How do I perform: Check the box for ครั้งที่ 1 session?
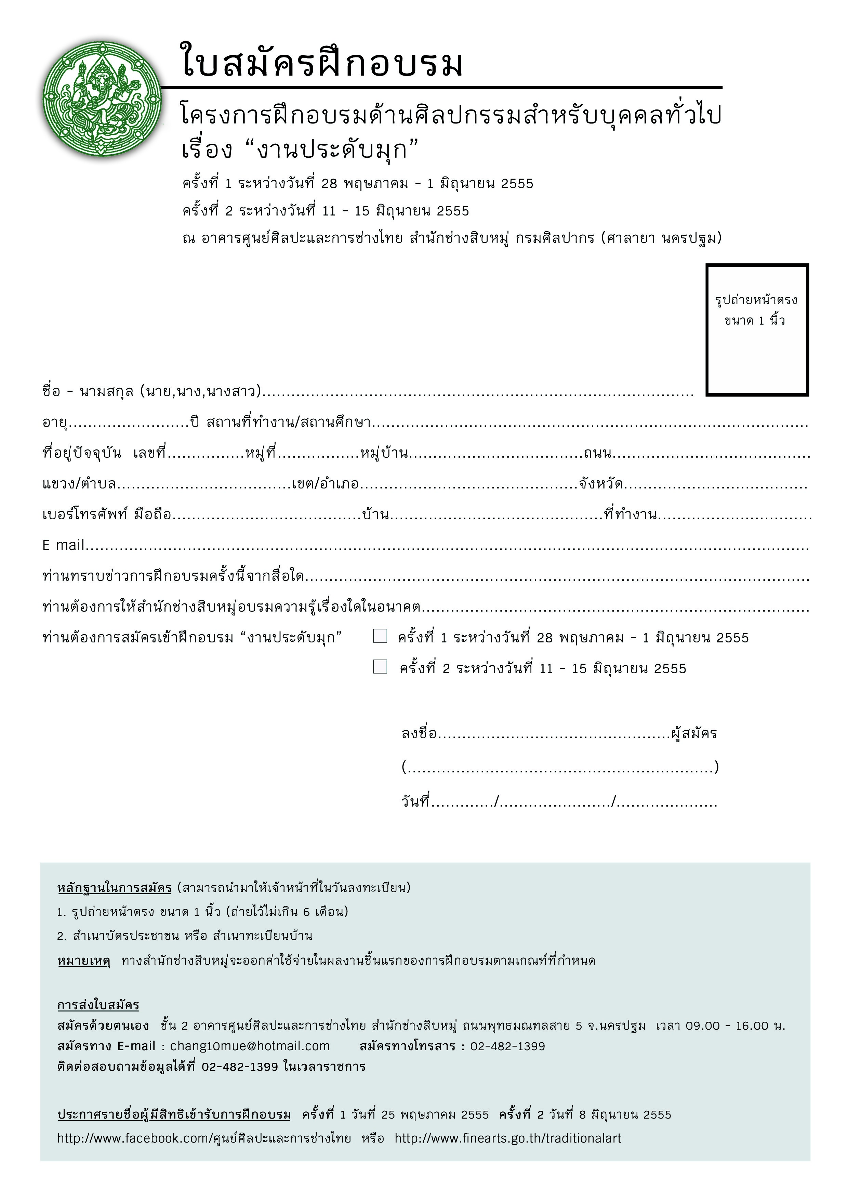tap(380, 636)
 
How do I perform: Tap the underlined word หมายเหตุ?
tap(83, 961)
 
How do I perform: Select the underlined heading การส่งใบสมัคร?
tap(98, 1005)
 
